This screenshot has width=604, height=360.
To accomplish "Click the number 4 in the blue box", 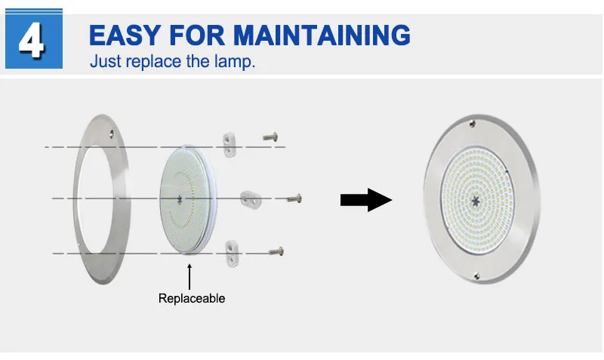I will [31, 41].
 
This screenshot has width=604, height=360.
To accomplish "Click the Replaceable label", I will [192, 298].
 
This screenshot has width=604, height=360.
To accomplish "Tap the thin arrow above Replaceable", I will [189, 272].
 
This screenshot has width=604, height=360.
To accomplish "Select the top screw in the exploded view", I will [271, 137].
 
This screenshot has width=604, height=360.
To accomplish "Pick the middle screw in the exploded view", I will [295, 198].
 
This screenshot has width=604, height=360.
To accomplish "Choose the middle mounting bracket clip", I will [251, 199].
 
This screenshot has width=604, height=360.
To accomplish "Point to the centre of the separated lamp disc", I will [180, 198].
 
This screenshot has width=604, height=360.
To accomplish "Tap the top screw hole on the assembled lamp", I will [473, 122].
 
